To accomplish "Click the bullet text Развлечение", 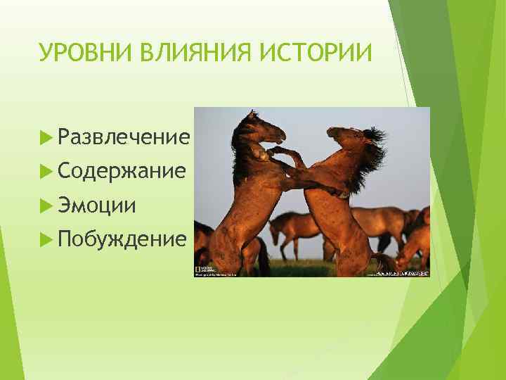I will (124, 137).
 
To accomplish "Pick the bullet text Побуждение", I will (123, 239).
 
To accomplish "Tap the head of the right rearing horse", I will (341, 137).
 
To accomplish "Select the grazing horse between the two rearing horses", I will (292, 229).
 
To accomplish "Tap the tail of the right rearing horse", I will (385, 263).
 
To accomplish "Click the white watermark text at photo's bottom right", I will (405, 274).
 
